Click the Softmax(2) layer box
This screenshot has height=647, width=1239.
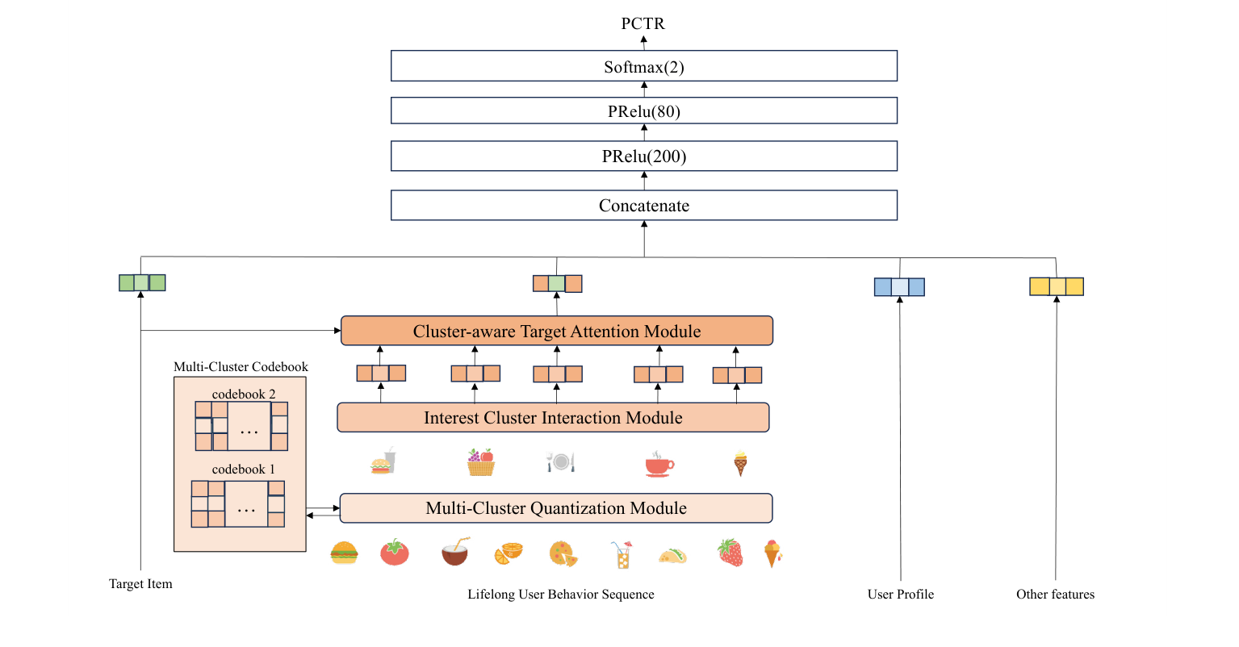[643, 66]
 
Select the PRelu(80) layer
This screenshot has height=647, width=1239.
[643, 111]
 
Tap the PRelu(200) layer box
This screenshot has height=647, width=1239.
[643, 157]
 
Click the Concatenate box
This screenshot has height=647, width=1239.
[643, 206]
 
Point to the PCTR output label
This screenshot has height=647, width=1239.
[643, 23]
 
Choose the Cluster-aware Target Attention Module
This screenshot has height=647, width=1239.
[557, 331]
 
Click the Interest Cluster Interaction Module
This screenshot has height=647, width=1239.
[553, 418]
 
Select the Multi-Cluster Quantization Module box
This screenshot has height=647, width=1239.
[556, 508]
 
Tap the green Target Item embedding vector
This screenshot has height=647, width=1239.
[142, 282]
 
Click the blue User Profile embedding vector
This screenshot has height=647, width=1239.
[899, 287]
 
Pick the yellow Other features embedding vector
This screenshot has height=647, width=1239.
[1056, 286]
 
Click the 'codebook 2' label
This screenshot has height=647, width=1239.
[244, 394]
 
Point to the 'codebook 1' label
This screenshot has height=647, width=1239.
[244, 470]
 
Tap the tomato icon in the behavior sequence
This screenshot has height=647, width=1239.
[395, 553]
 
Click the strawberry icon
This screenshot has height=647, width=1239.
[730, 553]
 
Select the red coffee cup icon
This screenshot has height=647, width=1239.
[659, 464]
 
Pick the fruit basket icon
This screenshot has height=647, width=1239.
[481, 463]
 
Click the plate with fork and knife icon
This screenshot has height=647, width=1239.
[560, 462]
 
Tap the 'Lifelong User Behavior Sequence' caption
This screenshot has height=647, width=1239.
[561, 595]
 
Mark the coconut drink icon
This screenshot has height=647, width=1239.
[455, 552]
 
